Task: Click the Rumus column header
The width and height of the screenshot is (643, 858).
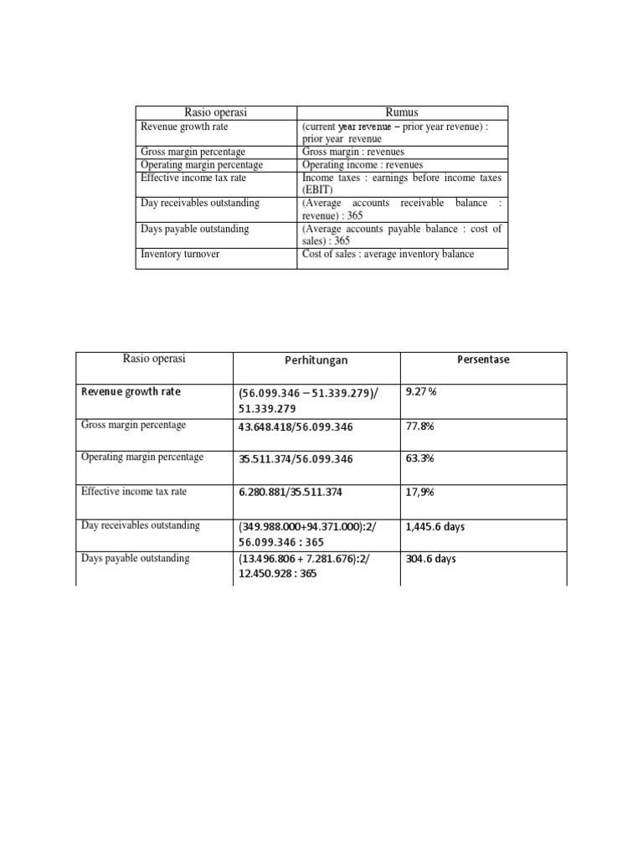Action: coord(401,112)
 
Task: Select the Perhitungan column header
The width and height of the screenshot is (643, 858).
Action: coord(316,359)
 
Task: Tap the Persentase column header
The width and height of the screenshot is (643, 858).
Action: coord(483,359)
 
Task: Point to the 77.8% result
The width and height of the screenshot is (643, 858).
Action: coord(419,426)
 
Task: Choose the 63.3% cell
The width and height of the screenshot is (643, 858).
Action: coord(419,459)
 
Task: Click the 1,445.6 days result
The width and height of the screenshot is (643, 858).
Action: coord(435,526)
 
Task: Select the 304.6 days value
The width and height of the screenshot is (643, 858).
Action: coord(430,559)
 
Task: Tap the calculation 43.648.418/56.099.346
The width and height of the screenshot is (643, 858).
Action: coord(296,426)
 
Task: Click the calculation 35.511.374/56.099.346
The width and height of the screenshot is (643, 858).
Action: coord(296,459)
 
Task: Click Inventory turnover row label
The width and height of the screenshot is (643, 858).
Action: coord(180,254)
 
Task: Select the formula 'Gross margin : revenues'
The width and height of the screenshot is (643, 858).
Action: coord(352,152)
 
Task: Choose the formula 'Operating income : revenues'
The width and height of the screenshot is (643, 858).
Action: coord(363,165)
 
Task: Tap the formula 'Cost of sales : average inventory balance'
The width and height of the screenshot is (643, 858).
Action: coord(388,254)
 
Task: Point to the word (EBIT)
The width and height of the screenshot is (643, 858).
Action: coord(319,189)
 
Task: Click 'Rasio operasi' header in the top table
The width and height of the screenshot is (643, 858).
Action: coord(216,112)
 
